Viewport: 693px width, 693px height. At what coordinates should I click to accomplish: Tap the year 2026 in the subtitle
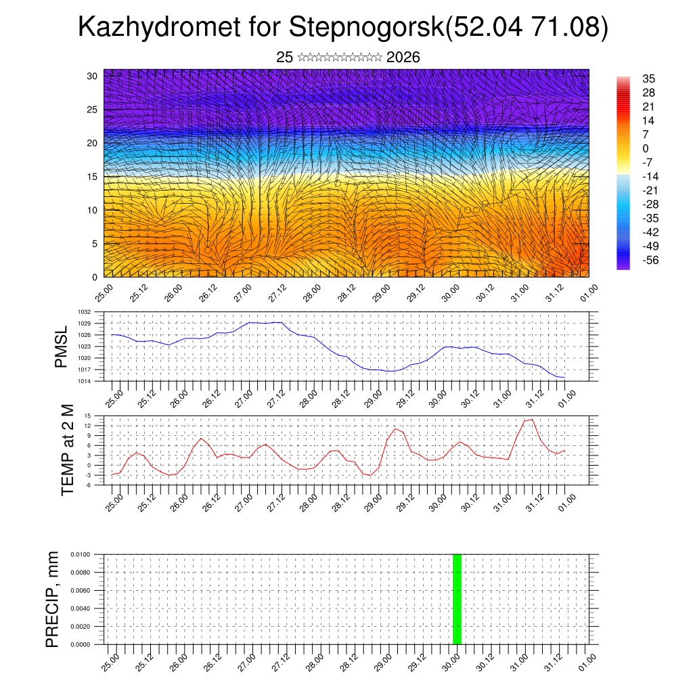pyautogui.click(x=403, y=58)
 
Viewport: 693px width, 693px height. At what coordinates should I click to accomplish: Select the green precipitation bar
pyautogui.click(x=457, y=599)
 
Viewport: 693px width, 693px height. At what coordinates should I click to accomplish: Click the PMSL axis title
pyautogui.click(x=62, y=346)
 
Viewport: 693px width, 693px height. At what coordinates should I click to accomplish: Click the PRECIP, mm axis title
pyautogui.click(x=53, y=599)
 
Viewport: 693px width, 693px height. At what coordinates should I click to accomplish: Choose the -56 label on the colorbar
pyautogui.click(x=650, y=260)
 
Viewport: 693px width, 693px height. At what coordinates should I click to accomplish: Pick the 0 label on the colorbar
pyautogui.click(x=646, y=148)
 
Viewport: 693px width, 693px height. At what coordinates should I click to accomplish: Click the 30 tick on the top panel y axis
pyautogui.click(x=91, y=76)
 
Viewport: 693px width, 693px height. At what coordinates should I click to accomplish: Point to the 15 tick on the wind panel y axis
pyautogui.click(x=91, y=177)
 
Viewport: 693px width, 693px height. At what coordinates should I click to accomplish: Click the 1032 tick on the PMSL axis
pyautogui.click(x=84, y=312)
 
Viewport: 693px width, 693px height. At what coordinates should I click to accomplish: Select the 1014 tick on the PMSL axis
pyautogui.click(x=84, y=381)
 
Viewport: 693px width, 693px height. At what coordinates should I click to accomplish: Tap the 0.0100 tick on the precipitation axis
pyautogui.click(x=80, y=554)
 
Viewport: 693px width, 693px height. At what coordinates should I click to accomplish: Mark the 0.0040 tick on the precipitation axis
pyautogui.click(x=80, y=608)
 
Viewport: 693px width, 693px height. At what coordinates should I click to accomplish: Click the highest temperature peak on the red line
pyautogui.click(x=532, y=420)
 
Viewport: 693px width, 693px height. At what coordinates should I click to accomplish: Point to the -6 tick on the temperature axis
pyautogui.click(x=88, y=485)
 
